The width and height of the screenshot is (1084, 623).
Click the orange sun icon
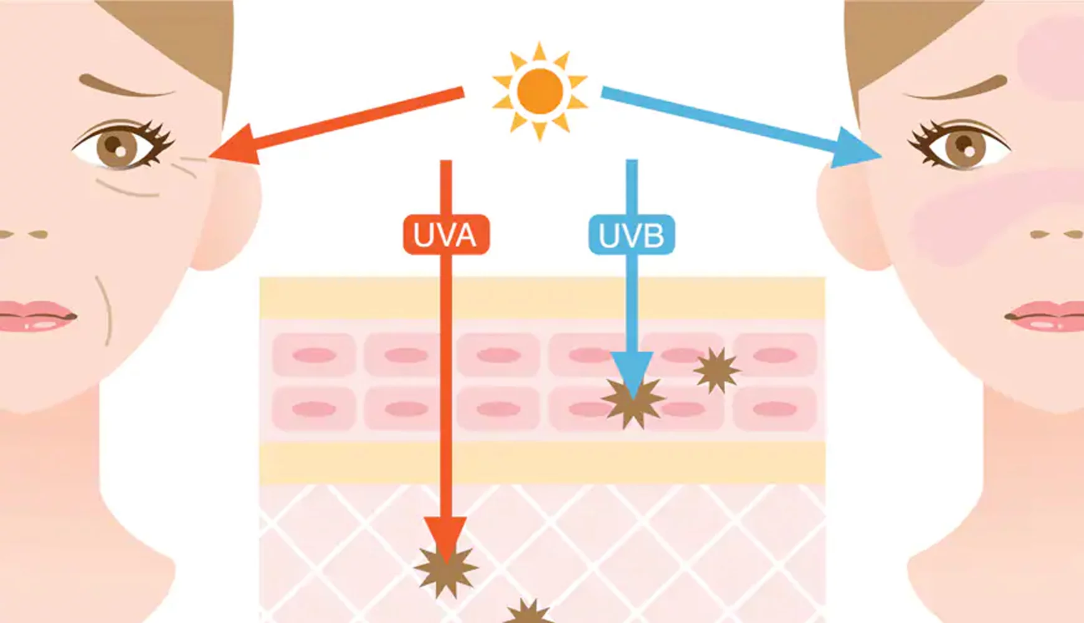540,91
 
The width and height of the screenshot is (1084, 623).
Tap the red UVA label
445,235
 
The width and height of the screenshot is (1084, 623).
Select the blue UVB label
631,235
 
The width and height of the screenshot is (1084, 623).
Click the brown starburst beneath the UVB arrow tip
633,403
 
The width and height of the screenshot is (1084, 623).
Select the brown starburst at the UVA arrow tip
446,570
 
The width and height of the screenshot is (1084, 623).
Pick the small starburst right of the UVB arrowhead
716,370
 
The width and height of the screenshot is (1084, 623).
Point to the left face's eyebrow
125,87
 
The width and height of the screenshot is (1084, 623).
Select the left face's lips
34,316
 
